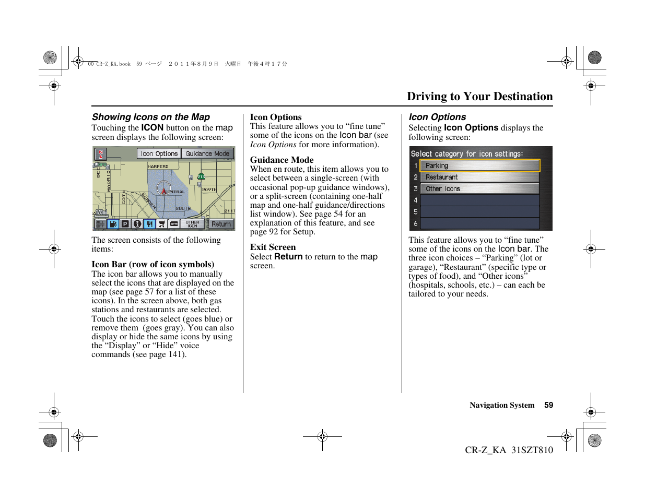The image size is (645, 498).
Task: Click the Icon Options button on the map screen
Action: (159, 153)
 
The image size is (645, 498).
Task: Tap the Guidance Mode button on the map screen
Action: (207, 153)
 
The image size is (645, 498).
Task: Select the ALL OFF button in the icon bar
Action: (100, 224)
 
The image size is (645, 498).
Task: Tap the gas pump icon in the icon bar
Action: (113, 224)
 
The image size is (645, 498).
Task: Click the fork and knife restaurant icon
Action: (149, 224)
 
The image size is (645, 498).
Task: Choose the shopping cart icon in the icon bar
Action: (162, 224)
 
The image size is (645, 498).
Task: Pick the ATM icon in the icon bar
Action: (174, 224)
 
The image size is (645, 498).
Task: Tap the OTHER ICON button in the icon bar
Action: (192, 224)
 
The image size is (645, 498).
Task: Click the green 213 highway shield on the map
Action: (201, 176)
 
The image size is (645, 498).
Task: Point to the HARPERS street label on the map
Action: (158, 167)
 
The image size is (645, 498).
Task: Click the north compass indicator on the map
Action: (100, 154)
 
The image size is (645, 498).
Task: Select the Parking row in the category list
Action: (479, 165)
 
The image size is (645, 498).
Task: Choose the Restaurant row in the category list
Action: (479, 177)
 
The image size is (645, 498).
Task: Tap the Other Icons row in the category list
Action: (479, 189)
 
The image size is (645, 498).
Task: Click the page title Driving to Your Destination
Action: (479, 97)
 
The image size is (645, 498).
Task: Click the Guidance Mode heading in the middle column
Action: (282, 160)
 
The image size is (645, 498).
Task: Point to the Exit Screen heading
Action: (273, 247)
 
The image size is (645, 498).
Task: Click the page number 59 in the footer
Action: (548, 405)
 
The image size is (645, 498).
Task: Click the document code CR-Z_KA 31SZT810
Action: (509, 450)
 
